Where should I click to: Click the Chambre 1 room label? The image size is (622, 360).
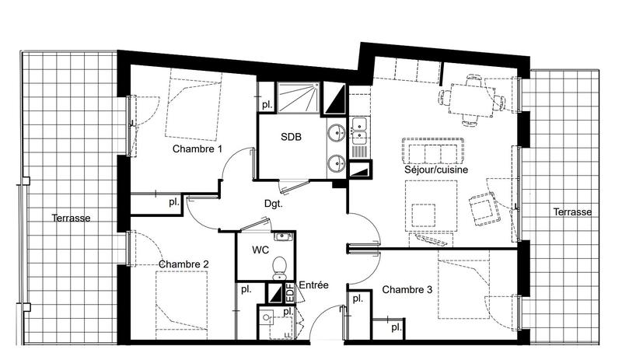197,149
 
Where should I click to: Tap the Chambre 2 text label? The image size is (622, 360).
183,264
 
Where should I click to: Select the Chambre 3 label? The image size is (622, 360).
407,289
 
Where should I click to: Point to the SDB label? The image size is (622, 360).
291,136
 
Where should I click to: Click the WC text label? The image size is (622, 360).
260,251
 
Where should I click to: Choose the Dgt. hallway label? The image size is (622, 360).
273,204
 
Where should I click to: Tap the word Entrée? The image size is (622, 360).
313,285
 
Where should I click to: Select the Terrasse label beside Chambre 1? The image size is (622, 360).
72,218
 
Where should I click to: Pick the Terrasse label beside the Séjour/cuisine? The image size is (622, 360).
572,212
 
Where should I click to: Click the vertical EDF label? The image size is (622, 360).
290,294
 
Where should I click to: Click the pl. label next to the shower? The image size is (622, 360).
266,103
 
